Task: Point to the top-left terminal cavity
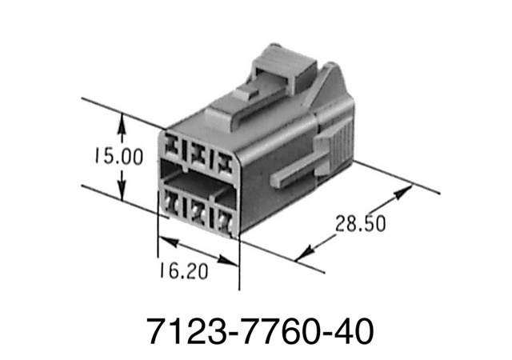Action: (174, 148)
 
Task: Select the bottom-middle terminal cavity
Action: (198, 210)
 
